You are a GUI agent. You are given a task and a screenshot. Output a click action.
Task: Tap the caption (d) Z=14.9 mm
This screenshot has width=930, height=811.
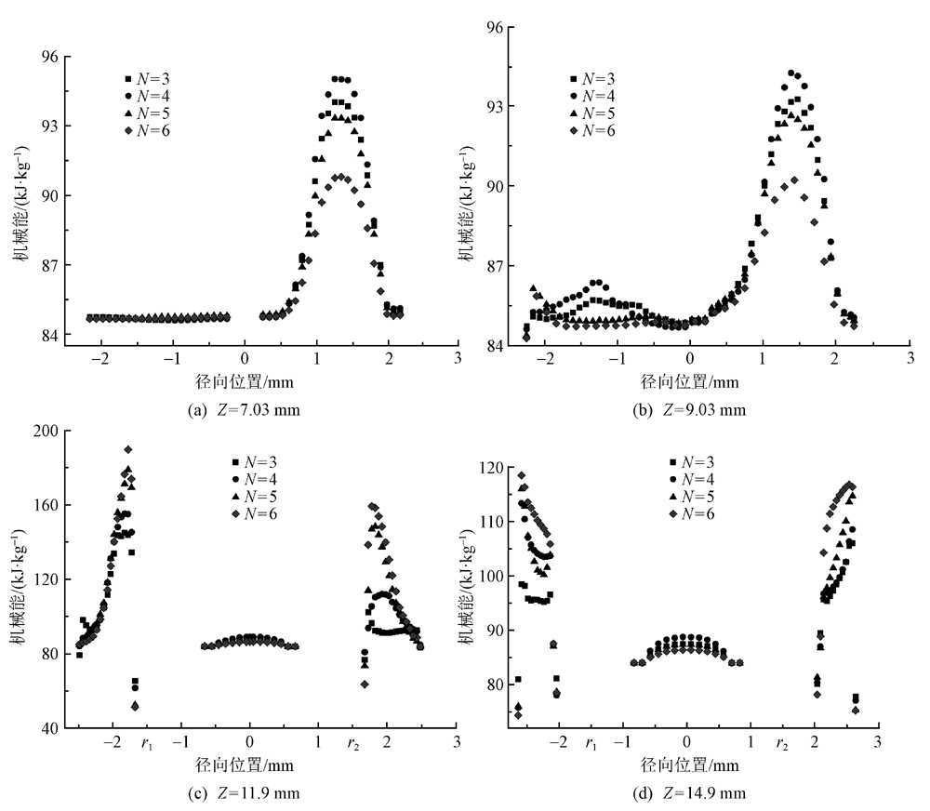686,792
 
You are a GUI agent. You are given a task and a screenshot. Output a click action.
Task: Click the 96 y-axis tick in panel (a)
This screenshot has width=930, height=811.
48,57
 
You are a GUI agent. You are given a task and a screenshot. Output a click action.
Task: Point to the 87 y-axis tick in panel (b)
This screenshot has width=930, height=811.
493,267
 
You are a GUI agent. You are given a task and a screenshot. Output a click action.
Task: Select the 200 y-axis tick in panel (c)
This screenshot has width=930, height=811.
45,431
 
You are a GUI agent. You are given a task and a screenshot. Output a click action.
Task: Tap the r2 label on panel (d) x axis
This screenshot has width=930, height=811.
785,744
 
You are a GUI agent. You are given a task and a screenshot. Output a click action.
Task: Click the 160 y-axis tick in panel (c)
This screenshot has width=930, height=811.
45,505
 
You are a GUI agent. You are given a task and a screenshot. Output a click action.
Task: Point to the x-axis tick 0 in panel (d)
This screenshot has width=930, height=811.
686,743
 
